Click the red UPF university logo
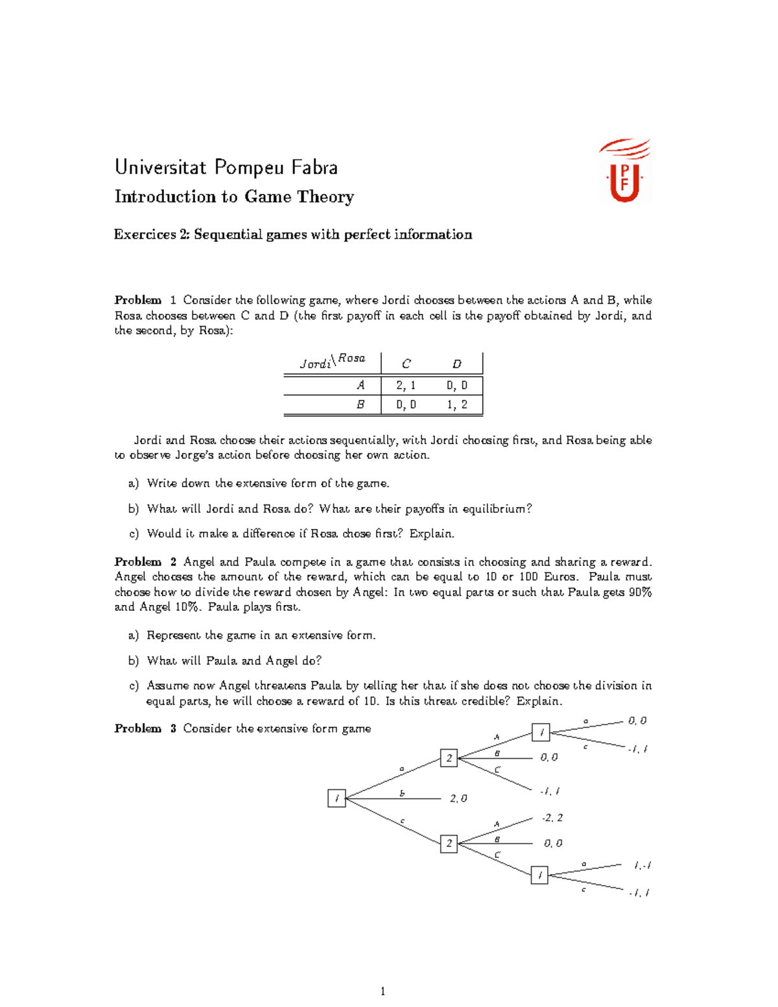click(x=625, y=171)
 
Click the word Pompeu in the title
click(x=250, y=167)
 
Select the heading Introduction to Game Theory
click(x=234, y=196)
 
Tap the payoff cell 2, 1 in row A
click(x=406, y=385)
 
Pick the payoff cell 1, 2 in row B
click(x=456, y=405)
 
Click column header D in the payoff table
click(x=456, y=364)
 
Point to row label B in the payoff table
click(x=360, y=405)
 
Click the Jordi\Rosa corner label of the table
click(x=333, y=362)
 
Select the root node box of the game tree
click(x=336, y=798)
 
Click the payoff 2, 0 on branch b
click(x=458, y=799)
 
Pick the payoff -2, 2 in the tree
click(x=552, y=818)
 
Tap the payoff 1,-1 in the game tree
click(x=642, y=865)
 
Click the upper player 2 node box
click(x=449, y=757)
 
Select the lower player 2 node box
click(x=449, y=844)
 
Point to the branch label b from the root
click(x=402, y=793)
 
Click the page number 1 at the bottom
click(x=383, y=991)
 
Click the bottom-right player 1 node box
click(x=539, y=875)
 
